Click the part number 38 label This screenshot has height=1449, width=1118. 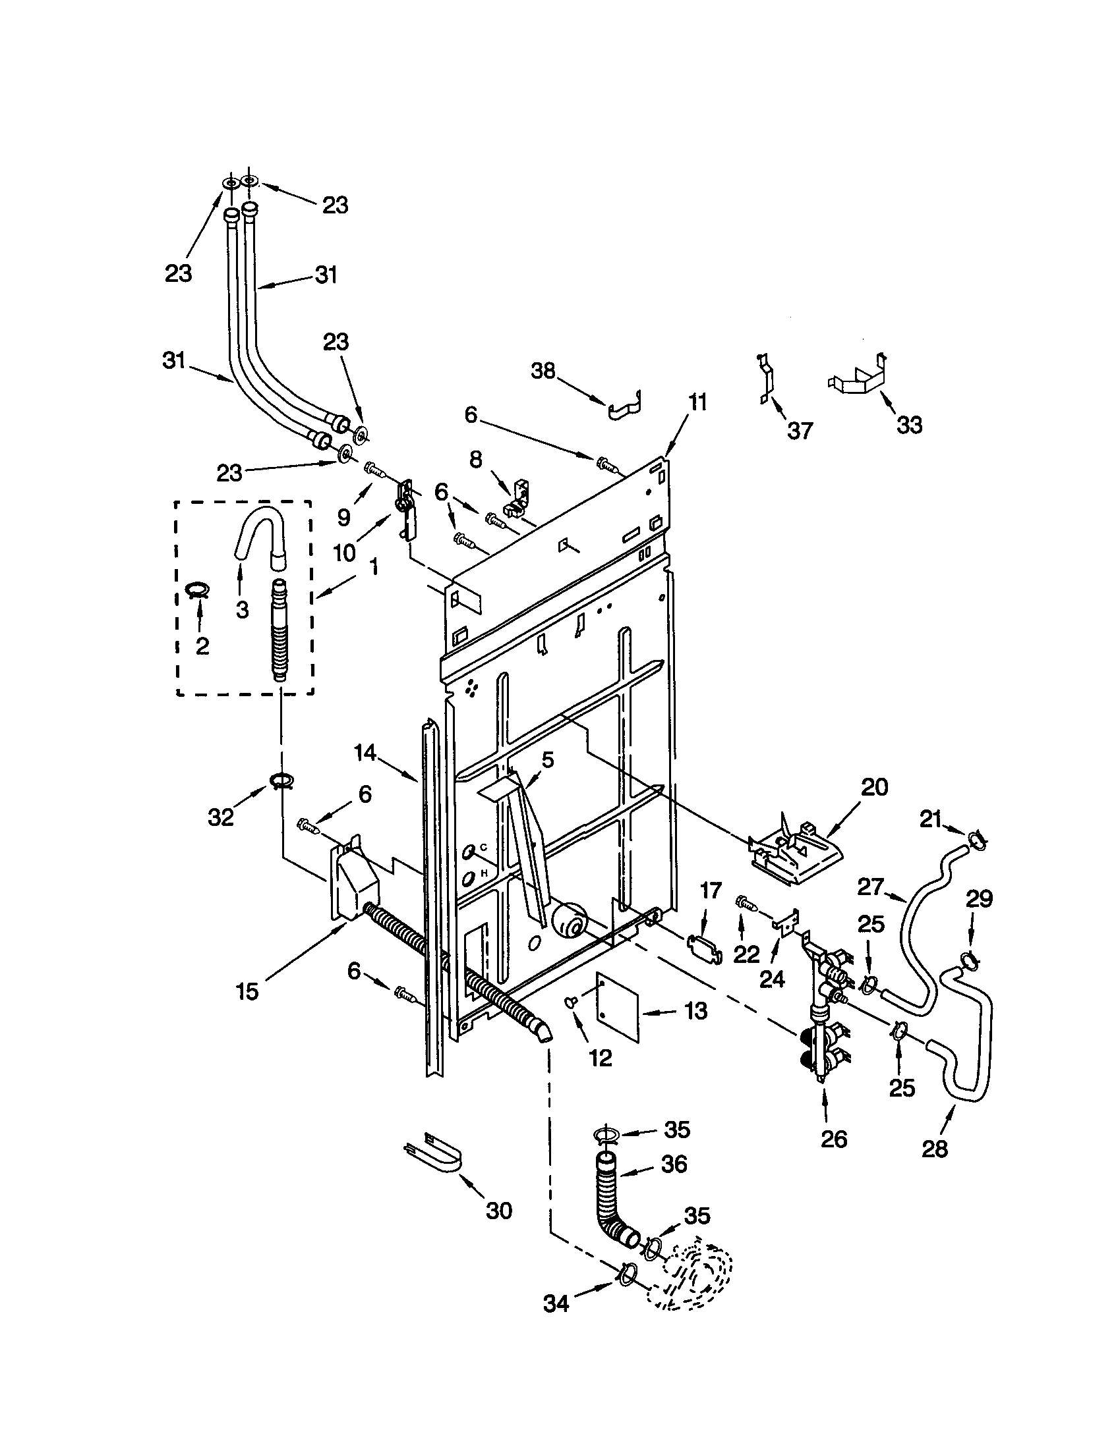[543, 371]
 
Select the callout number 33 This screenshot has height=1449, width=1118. [909, 425]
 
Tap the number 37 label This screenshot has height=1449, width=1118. [800, 431]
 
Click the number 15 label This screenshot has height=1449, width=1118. [247, 992]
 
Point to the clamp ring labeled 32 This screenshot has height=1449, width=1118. [281, 782]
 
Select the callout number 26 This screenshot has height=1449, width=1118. [834, 1139]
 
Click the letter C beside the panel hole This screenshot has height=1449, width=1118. [483, 847]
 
